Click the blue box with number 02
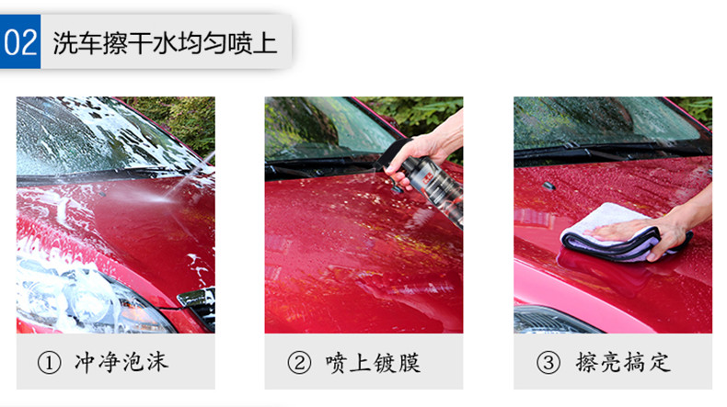[20, 41]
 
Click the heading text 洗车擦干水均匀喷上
[165, 43]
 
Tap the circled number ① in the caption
[49, 363]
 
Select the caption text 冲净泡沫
[121, 362]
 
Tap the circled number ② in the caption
[299, 363]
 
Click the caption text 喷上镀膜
[373, 363]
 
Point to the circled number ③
[548, 363]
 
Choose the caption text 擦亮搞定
[623, 362]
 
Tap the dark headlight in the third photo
[552, 321]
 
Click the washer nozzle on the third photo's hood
[548, 187]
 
